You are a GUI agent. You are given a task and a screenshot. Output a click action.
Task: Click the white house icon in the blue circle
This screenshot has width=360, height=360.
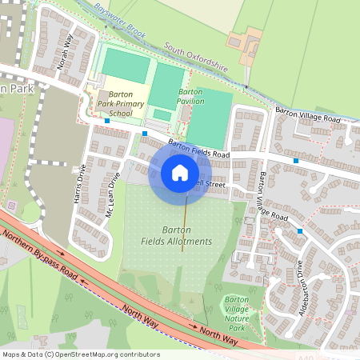click(x=180, y=173)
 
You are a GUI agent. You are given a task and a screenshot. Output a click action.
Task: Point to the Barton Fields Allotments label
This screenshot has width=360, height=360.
click(x=176, y=235)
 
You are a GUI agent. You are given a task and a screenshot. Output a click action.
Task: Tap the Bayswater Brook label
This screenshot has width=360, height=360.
click(x=118, y=19)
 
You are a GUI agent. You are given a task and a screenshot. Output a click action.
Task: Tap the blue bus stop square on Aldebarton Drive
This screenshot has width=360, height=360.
click(x=300, y=230)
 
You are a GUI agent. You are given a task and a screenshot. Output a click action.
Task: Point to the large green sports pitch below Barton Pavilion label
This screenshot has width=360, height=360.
click(x=207, y=120)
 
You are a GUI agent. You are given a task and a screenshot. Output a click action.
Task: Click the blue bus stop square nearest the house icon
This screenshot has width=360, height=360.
click(x=145, y=134)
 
